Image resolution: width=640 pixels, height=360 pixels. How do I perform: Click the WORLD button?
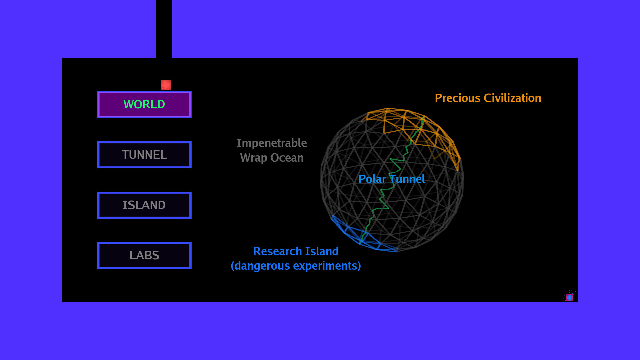click(x=144, y=104)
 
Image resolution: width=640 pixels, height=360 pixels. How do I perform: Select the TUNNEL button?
click(x=144, y=155)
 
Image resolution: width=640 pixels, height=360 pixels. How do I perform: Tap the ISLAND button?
click(x=144, y=205)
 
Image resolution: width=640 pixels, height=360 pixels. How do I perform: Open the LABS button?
click(x=144, y=255)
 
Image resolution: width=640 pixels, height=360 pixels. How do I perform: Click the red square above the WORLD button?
click(x=166, y=85)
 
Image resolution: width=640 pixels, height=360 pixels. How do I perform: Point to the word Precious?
click(x=458, y=98)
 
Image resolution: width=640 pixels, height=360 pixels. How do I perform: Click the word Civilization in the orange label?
click(x=512, y=98)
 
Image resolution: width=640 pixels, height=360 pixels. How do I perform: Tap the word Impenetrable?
click(x=272, y=143)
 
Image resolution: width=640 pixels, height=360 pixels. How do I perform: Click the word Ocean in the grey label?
click(x=287, y=158)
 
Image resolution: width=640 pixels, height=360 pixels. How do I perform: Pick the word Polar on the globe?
click(x=372, y=179)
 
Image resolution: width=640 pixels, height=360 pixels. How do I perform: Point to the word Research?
click(x=277, y=251)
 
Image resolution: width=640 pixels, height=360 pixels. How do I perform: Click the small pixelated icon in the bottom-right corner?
click(x=570, y=297)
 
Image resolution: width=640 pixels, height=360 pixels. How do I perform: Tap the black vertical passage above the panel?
click(x=164, y=29)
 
